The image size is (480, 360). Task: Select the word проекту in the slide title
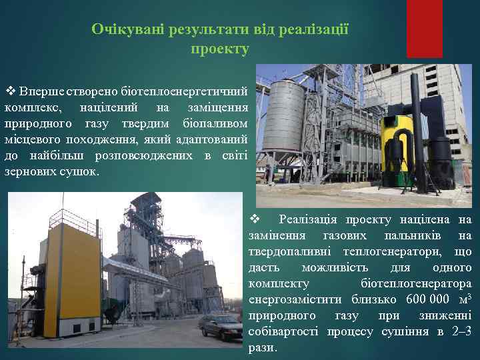(219, 49)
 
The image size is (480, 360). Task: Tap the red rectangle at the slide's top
(424, 28)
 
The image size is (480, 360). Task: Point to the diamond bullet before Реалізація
(253, 219)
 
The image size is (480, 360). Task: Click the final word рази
(261, 348)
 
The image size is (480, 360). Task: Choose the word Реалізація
(307, 219)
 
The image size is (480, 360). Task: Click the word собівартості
(284, 331)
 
